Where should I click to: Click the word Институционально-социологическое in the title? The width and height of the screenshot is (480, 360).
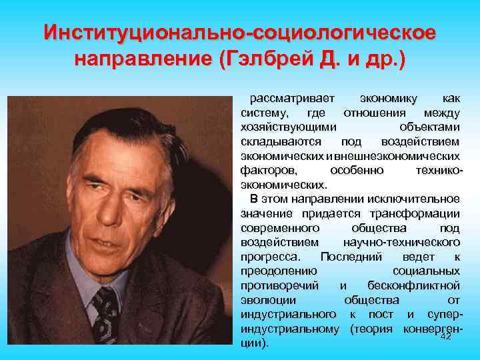coord(240,31)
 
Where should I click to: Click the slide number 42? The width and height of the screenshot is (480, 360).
coord(447,336)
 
